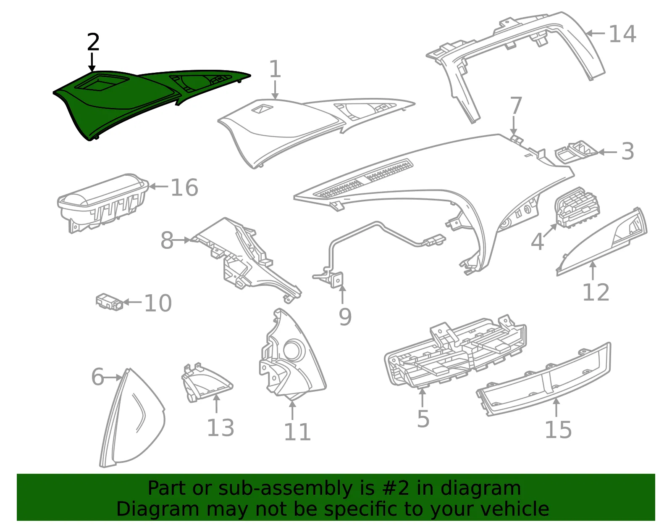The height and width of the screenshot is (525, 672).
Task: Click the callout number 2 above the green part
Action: [x=93, y=42]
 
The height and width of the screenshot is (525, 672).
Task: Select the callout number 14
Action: [x=622, y=34]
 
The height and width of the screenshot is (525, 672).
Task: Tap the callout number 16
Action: [x=184, y=187]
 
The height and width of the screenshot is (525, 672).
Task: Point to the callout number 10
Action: [x=158, y=303]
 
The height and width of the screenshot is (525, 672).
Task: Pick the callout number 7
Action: [x=516, y=106]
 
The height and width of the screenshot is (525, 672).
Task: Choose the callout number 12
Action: [x=596, y=292]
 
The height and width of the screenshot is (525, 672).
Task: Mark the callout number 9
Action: [x=345, y=317]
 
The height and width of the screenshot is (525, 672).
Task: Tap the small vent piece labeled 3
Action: [x=576, y=151]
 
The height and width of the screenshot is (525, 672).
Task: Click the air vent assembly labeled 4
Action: [x=577, y=208]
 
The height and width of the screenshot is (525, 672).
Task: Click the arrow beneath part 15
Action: [x=556, y=408]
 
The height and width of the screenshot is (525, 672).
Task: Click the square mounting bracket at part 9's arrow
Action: [x=337, y=280]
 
